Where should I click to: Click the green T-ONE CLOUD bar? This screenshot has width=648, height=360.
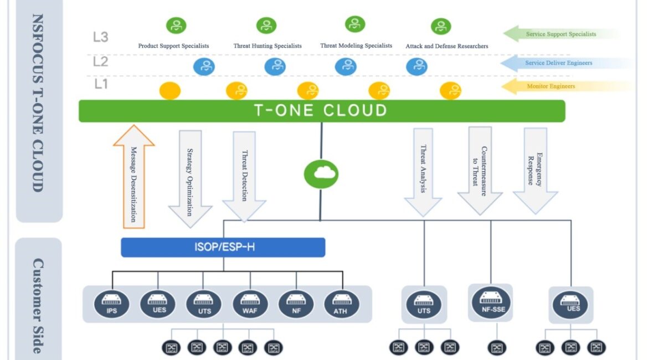[321, 111]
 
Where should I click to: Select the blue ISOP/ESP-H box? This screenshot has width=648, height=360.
[223, 247]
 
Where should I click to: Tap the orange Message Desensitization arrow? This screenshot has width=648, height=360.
[133, 177]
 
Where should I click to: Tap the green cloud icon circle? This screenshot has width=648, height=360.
[321, 174]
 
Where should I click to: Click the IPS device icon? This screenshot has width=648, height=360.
[111, 304]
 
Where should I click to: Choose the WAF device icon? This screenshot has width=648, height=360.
[250, 304]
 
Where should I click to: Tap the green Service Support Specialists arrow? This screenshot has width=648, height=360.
[559, 34]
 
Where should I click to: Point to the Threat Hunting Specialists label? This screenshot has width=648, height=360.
[268, 46]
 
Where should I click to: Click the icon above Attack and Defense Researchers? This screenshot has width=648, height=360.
[441, 27]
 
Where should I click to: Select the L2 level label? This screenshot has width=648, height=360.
[100, 61]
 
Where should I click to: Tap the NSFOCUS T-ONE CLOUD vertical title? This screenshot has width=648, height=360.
[38, 102]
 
